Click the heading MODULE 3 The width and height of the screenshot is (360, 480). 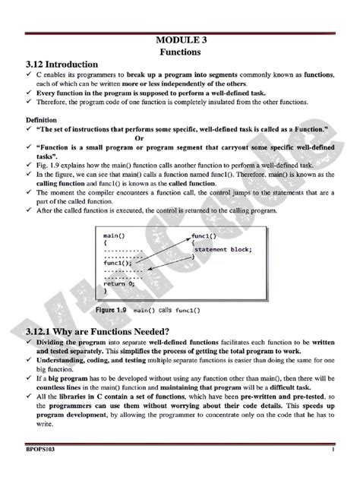tap(179, 39)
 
